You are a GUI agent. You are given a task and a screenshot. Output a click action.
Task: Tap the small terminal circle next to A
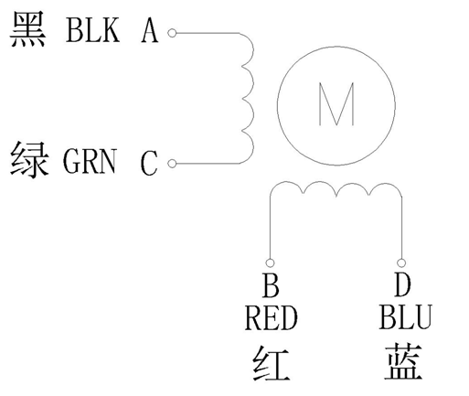point(172,33)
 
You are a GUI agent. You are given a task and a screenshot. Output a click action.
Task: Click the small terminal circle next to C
point(172,164)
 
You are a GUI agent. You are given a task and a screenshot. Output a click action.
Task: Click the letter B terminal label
point(271,287)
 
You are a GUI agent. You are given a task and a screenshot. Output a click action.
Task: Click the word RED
point(272,319)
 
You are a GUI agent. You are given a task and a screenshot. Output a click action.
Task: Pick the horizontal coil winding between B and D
point(335,189)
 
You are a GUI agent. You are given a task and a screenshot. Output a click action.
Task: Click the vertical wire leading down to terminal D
point(400,229)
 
